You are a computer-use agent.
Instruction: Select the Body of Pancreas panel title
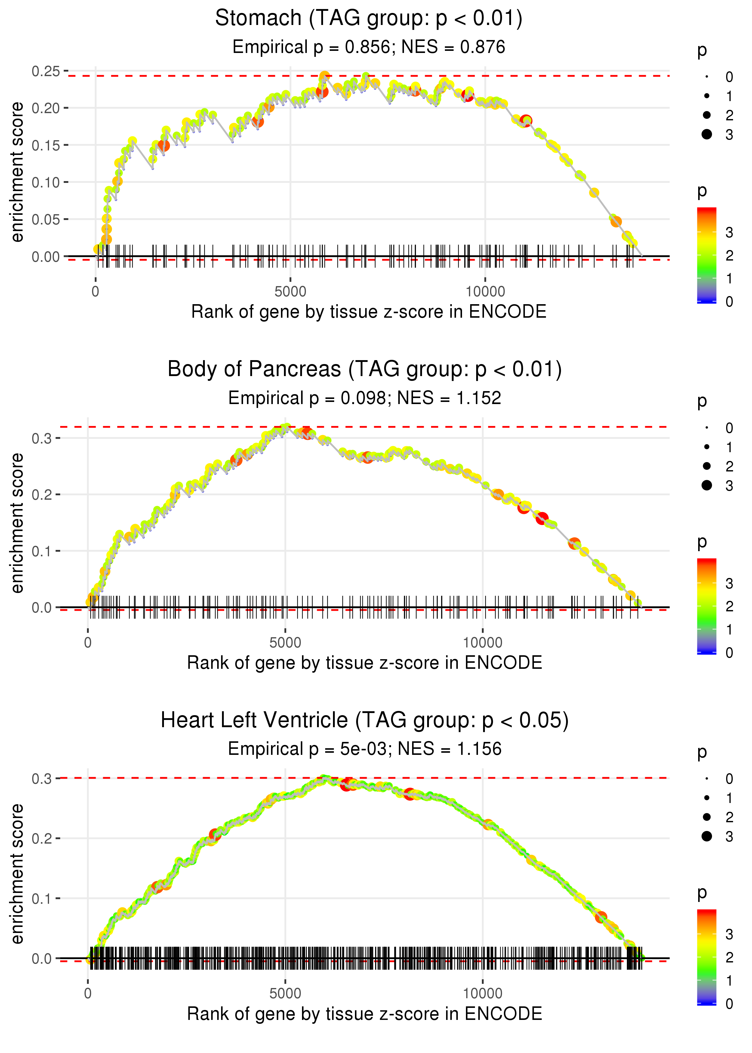click(365, 369)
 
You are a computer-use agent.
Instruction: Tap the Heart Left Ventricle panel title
click(365, 720)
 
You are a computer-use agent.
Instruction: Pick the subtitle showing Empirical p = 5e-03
click(365, 749)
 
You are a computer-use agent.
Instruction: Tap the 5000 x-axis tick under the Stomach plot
click(290, 292)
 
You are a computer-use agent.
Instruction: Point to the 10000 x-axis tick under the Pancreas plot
click(482, 643)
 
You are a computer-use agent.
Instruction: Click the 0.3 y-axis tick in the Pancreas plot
click(42, 438)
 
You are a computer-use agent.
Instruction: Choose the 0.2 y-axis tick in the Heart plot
click(42, 838)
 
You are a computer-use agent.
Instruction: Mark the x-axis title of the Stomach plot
click(368, 312)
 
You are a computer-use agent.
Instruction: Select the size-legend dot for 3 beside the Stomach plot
click(707, 134)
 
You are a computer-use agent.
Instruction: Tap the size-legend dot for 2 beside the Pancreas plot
click(707, 466)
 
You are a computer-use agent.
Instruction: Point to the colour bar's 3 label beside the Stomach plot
click(729, 233)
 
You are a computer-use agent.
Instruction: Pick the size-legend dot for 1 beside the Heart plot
click(707, 798)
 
